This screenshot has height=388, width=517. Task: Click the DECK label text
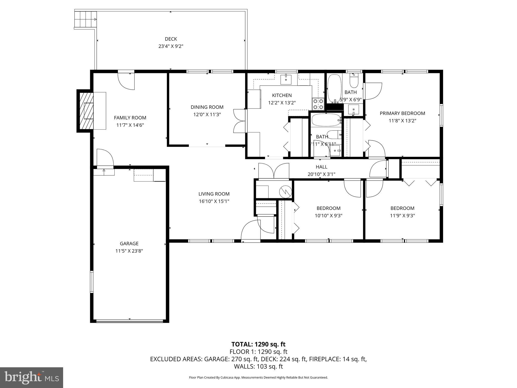[171, 39]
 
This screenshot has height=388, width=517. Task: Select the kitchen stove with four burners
[318, 104]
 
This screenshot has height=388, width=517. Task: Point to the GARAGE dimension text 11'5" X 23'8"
[129, 251]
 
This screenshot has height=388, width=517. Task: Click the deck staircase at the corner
[86, 19]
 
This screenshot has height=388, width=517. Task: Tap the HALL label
[321, 167]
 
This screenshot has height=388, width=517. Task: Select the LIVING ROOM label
[214, 194]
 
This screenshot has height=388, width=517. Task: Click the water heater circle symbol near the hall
[286, 192]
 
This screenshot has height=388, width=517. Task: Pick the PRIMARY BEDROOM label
[402, 113]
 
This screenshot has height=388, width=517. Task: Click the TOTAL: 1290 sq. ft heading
[258, 344]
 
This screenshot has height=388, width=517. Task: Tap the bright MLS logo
[32, 377]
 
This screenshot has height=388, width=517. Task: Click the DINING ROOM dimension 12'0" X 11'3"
[207, 114]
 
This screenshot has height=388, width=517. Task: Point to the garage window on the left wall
[92, 282]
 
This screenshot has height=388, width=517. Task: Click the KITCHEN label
[282, 95]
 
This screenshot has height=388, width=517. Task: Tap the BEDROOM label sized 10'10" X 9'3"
[328, 208]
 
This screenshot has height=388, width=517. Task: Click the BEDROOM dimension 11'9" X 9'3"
[402, 215]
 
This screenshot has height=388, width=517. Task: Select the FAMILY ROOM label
[130, 118]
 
